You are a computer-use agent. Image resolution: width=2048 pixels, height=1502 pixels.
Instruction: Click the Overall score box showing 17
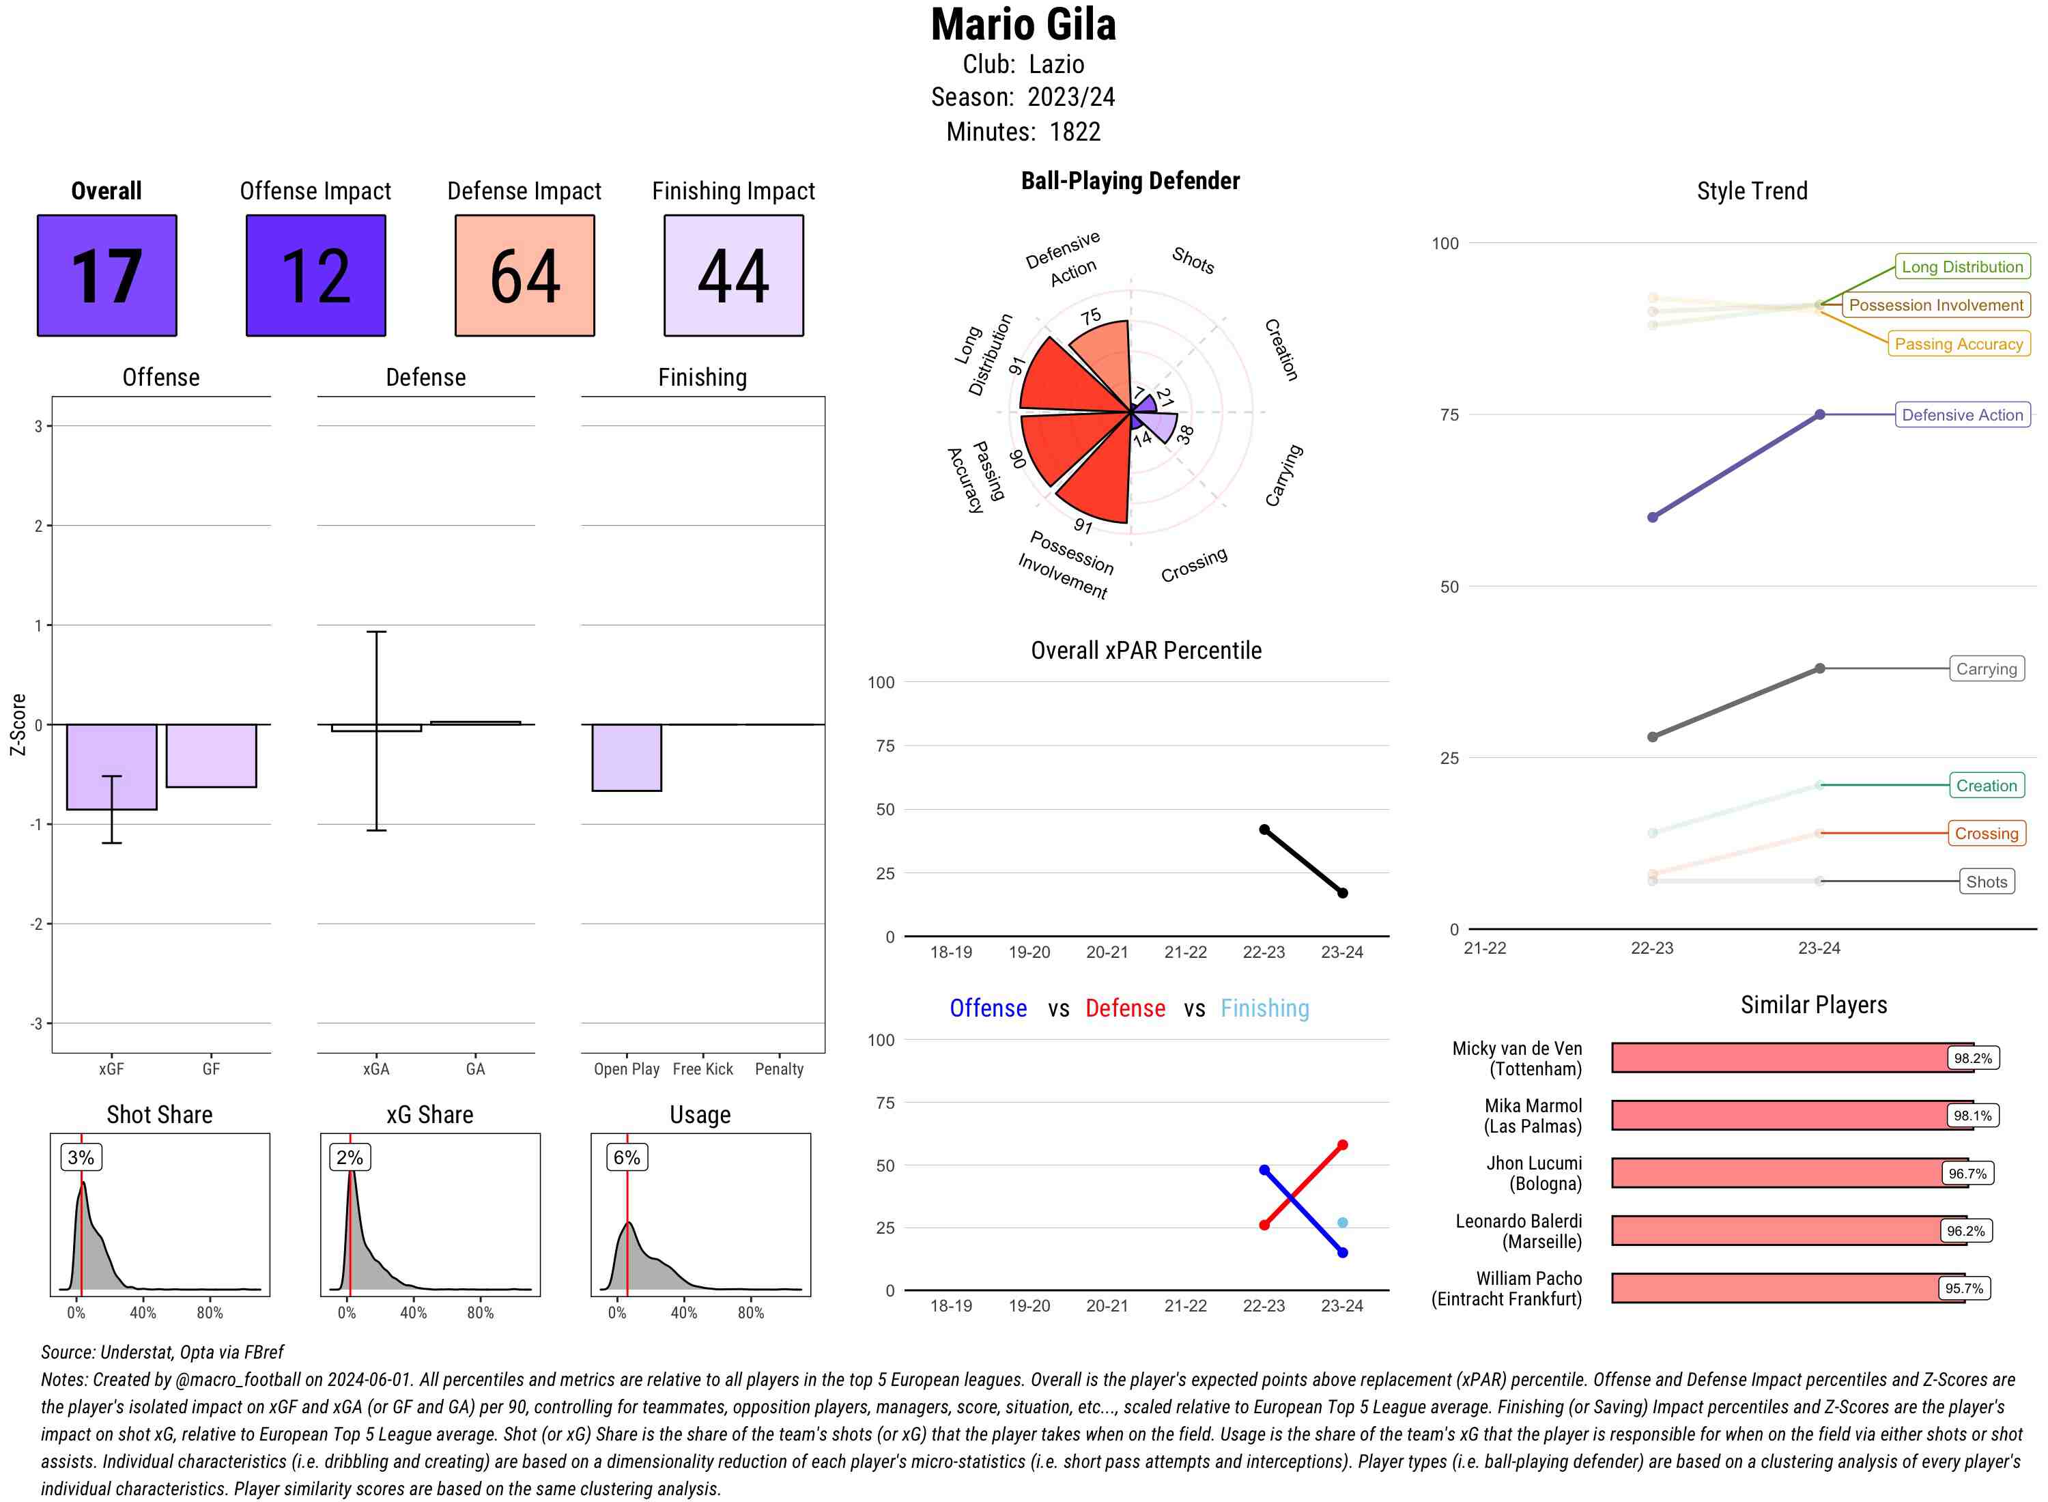(x=106, y=276)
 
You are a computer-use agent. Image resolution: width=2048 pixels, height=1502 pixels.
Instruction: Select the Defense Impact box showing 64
(x=524, y=276)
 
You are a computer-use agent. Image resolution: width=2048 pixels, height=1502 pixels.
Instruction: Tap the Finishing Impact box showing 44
(x=734, y=276)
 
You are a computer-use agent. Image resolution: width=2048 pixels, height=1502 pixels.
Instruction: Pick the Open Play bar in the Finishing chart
(x=626, y=757)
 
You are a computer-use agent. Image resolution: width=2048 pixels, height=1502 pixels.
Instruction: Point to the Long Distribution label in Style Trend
(x=1962, y=266)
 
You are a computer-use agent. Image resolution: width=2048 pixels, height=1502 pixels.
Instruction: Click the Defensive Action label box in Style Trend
(x=1962, y=414)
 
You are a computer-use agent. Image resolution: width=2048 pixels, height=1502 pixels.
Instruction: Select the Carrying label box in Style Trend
(x=1986, y=669)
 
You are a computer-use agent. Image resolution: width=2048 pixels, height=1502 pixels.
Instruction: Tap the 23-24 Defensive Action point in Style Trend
(x=1819, y=414)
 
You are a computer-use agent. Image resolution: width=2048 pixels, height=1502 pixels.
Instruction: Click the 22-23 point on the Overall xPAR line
(x=1264, y=830)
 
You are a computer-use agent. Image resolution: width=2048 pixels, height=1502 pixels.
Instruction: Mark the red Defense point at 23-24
(x=1341, y=1146)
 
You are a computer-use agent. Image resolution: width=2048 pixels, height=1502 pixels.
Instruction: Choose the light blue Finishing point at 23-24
(x=1341, y=1223)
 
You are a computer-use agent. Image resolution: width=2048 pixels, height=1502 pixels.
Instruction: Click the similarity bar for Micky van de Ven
(x=1782, y=1058)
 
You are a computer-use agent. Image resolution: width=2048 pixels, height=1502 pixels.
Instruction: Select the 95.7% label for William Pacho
(x=1963, y=1288)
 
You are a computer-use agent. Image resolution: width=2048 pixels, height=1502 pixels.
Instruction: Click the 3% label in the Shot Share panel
(x=81, y=1157)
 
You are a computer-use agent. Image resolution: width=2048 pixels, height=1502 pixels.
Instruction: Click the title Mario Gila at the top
(x=1023, y=25)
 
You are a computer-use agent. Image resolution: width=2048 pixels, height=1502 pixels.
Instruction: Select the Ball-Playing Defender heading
(x=1130, y=181)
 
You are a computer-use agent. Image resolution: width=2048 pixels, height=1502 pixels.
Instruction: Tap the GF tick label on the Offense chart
(x=211, y=1069)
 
